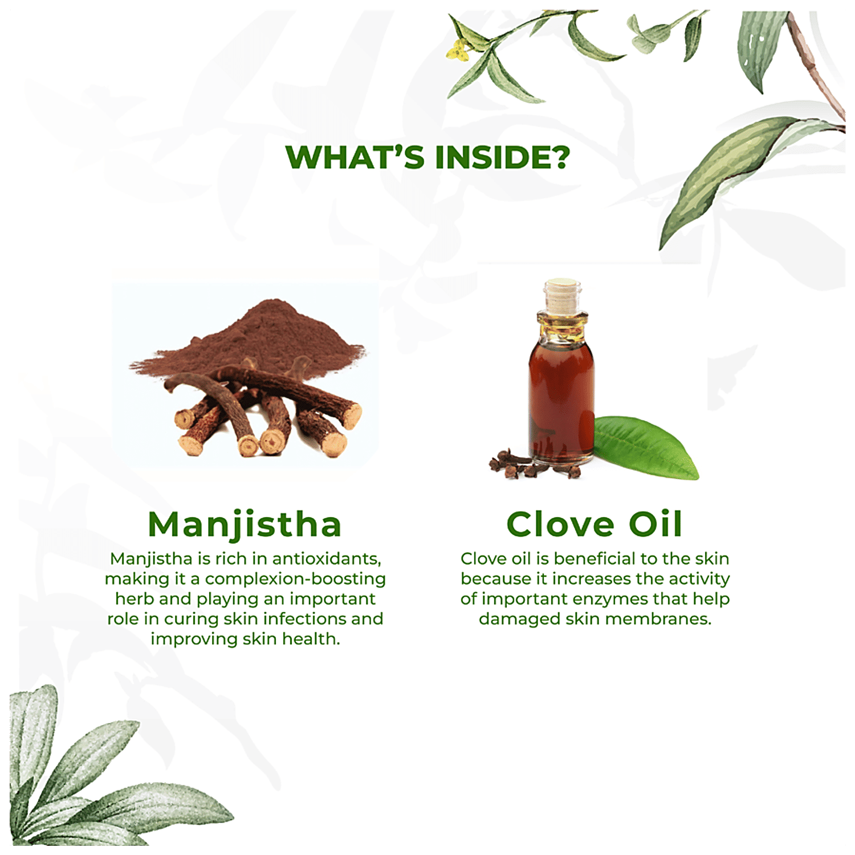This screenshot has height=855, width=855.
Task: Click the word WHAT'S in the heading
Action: tap(355, 157)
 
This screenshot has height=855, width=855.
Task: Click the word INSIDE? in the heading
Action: tap(502, 157)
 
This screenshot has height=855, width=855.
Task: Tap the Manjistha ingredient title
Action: tap(245, 525)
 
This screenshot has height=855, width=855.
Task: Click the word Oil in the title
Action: tap(655, 524)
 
